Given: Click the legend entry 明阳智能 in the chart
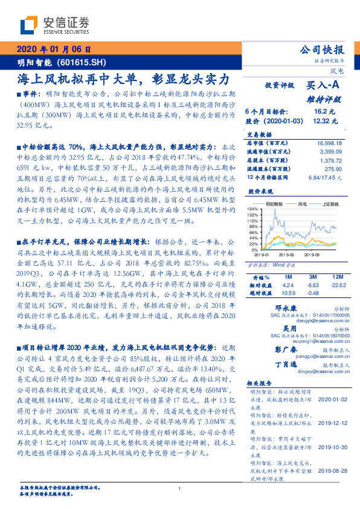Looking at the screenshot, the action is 275,205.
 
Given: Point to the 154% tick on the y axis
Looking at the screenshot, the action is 252,209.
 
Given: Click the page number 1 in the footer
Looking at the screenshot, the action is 179,489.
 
